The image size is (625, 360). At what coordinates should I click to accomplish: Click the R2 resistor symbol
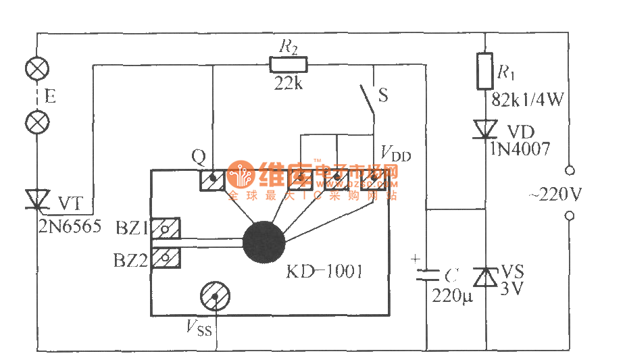click(289, 65)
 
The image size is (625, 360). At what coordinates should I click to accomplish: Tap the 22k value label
click(289, 84)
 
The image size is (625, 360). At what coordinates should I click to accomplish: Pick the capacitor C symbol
click(426, 273)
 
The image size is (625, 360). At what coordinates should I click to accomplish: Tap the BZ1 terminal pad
click(164, 229)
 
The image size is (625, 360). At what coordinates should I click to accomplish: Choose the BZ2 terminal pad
click(164, 257)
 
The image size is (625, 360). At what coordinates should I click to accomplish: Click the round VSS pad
click(216, 295)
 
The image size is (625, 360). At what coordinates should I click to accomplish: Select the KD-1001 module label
click(324, 272)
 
